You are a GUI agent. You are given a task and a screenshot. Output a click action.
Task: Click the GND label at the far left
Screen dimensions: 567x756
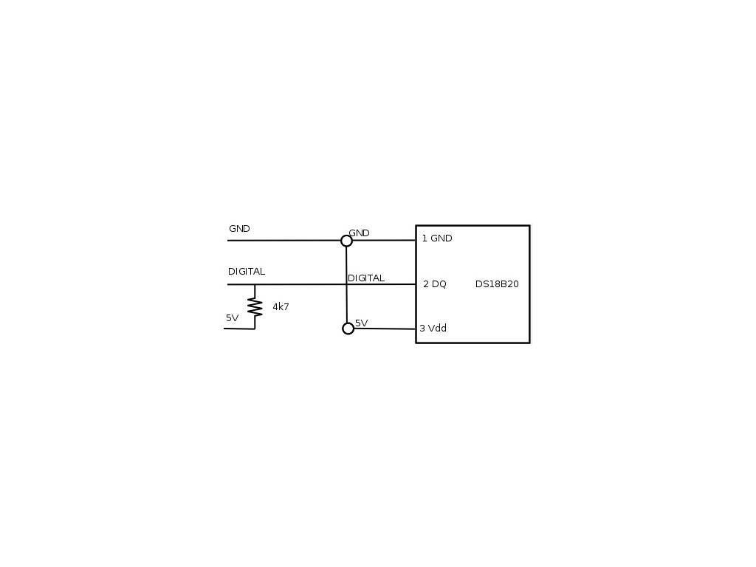tap(239, 229)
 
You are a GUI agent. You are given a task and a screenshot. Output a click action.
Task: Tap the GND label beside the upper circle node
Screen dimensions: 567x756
tap(359, 233)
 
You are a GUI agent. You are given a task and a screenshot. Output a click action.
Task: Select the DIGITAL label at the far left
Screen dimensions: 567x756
tap(246, 272)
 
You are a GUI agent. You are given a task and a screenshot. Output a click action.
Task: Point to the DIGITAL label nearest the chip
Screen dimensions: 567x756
tap(366, 278)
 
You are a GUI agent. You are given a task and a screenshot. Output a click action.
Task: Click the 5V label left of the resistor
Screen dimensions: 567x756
tap(232, 318)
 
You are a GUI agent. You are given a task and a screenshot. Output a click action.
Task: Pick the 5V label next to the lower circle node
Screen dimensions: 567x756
tap(361, 323)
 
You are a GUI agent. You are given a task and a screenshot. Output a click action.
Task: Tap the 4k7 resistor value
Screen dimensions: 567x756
tap(281, 306)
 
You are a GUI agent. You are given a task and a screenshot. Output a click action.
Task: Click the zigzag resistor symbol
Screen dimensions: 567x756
tap(255, 307)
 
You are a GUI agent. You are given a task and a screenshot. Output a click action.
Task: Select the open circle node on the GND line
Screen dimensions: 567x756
tap(346, 241)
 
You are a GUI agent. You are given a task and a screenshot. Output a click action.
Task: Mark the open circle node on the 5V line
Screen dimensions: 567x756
tap(348, 329)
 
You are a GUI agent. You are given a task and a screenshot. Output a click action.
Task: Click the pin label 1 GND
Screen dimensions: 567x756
tap(437, 238)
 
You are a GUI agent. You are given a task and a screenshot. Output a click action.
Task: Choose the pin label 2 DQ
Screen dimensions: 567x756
tap(435, 284)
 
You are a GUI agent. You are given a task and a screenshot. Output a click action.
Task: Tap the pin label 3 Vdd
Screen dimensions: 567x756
tap(433, 329)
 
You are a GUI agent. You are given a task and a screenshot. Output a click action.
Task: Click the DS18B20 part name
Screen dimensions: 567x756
tap(497, 284)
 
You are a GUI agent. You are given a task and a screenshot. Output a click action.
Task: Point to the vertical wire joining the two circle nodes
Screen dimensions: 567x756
tap(347, 295)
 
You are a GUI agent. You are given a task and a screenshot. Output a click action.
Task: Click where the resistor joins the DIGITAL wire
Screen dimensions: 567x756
tap(255, 284)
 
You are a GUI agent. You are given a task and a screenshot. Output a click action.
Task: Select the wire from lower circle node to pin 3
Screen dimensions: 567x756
tap(384, 329)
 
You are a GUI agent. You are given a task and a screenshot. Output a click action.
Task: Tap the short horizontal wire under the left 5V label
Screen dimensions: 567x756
tap(239, 329)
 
